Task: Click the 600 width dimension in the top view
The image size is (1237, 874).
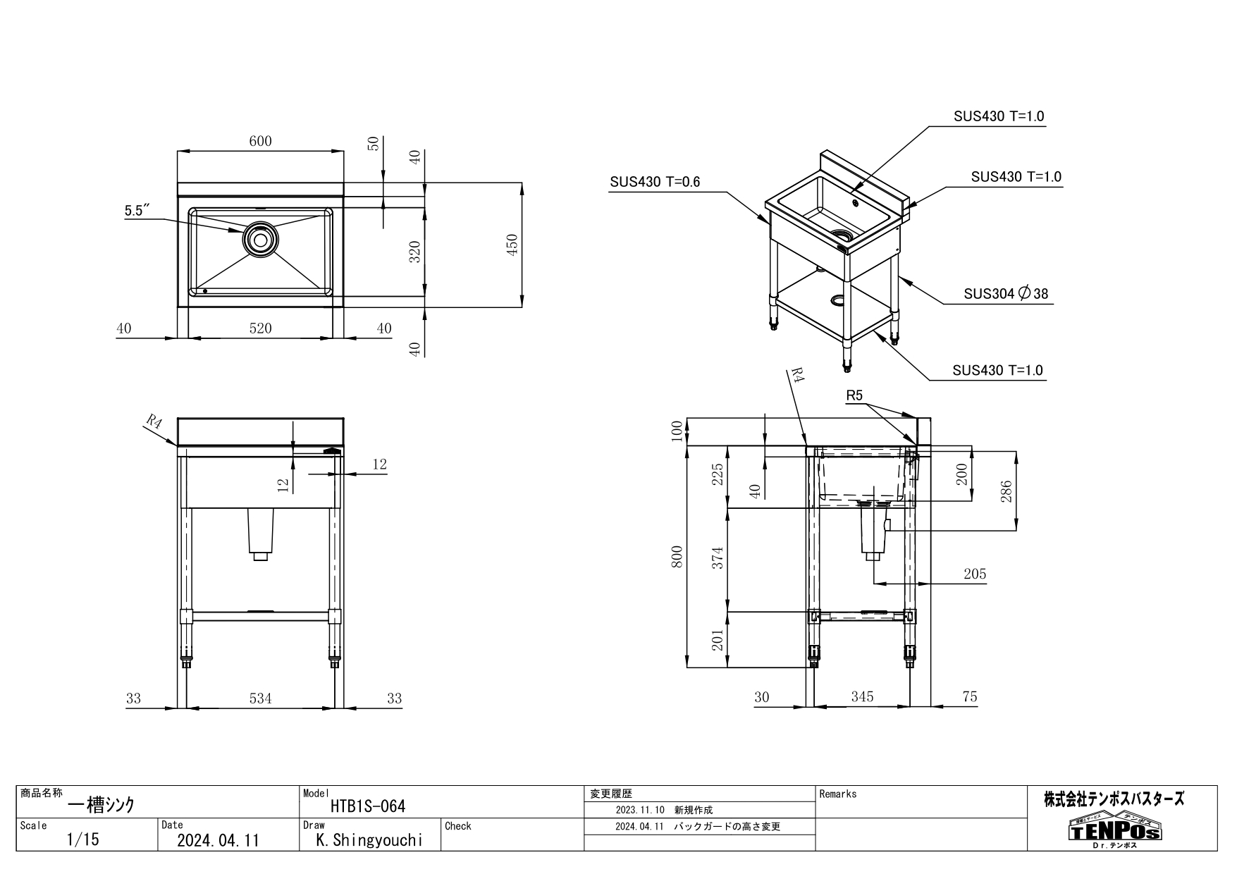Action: tap(260, 141)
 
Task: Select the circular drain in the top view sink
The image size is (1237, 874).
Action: tap(259, 240)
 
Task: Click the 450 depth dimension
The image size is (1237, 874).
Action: tap(512, 245)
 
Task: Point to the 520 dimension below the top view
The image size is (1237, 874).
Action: tap(260, 328)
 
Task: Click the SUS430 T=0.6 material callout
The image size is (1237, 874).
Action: tap(655, 182)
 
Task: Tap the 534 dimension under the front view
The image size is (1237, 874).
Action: tap(260, 698)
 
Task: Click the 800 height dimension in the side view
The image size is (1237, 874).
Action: tap(677, 556)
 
